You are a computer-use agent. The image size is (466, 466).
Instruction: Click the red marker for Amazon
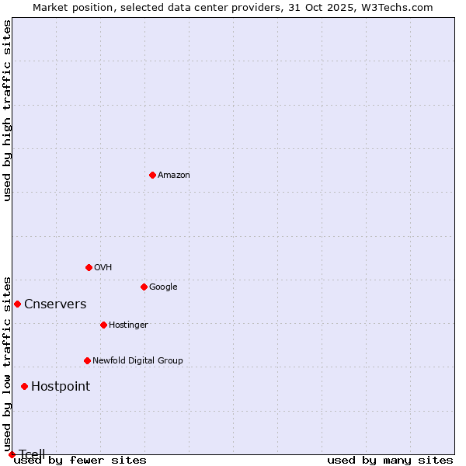[152, 175]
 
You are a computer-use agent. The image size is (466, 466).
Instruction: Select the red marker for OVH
[89, 267]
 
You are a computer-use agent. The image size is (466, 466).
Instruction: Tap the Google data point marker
[144, 287]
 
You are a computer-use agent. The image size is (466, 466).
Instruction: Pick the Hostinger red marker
[103, 325]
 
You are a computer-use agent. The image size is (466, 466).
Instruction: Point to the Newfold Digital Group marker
[87, 360]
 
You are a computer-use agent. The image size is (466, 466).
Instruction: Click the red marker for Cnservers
[17, 304]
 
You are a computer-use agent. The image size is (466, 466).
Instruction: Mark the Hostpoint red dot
[24, 386]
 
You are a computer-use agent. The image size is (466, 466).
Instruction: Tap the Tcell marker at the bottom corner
[12, 454]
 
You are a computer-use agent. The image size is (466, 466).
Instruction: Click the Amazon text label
[173, 175]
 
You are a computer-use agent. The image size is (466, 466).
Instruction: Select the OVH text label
[103, 267]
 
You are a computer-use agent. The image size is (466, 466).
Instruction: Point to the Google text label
[163, 287]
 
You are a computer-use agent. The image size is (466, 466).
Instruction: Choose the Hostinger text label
[128, 325]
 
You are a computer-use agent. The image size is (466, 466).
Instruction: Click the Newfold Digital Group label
[137, 360]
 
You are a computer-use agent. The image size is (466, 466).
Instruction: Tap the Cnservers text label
[55, 304]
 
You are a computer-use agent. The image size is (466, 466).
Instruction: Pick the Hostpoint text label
[61, 386]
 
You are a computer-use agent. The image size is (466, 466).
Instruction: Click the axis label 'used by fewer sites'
[80, 460]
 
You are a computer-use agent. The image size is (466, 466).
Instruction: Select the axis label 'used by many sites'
[390, 460]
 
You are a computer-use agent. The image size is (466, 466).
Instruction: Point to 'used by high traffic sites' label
[7, 110]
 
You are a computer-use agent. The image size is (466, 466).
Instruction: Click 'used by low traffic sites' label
[7, 363]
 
